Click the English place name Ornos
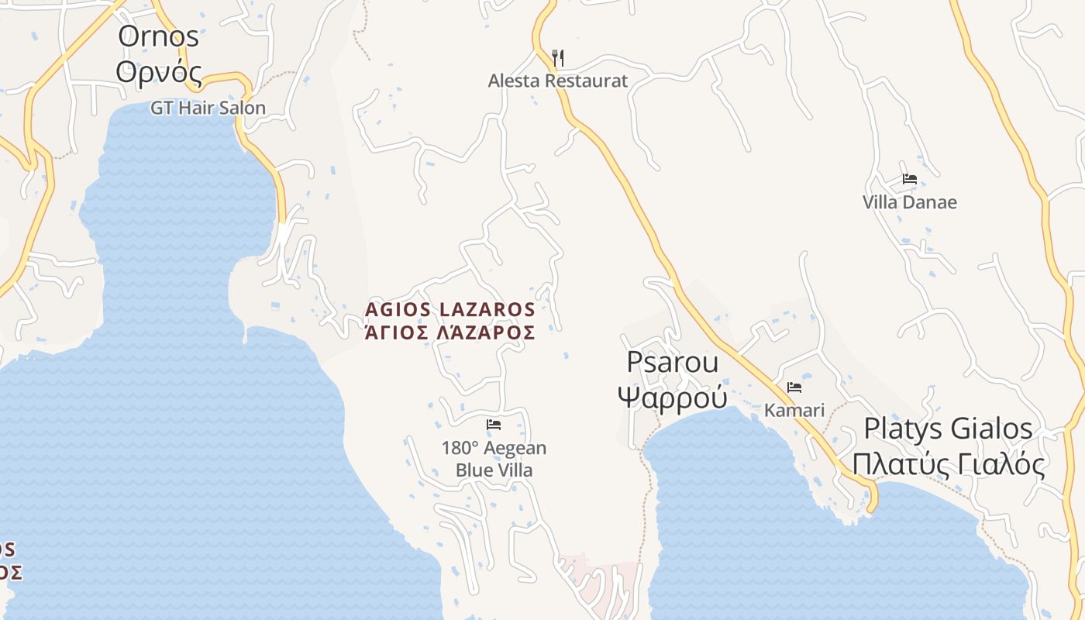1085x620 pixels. [x=158, y=36]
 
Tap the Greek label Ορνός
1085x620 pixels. [x=158, y=72]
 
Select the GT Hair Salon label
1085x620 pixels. [x=208, y=108]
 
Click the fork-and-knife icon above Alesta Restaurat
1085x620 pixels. [x=558, y=57]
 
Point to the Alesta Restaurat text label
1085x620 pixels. [x=558, y=81]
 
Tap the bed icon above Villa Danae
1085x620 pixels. [x=910, y=179]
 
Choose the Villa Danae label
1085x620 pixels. [x=910, y=202]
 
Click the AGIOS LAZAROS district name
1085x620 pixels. [x=450, y=310]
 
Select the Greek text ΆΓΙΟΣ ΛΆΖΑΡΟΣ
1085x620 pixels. [x=450, y=333]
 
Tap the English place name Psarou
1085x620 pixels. [x=673, y=362]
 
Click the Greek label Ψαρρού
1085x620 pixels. [x=673, y=397]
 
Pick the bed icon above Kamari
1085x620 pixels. [x=794, y=387]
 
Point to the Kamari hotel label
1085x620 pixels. [x=794, y=410]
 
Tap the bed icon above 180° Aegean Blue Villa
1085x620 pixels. [x=494, y=425]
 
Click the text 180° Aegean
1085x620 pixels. [x=494, y=448]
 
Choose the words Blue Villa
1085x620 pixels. [x=494, y=470]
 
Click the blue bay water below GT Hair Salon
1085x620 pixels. [x=178, y=194]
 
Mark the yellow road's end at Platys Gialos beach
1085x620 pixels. [x=872, y=508]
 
